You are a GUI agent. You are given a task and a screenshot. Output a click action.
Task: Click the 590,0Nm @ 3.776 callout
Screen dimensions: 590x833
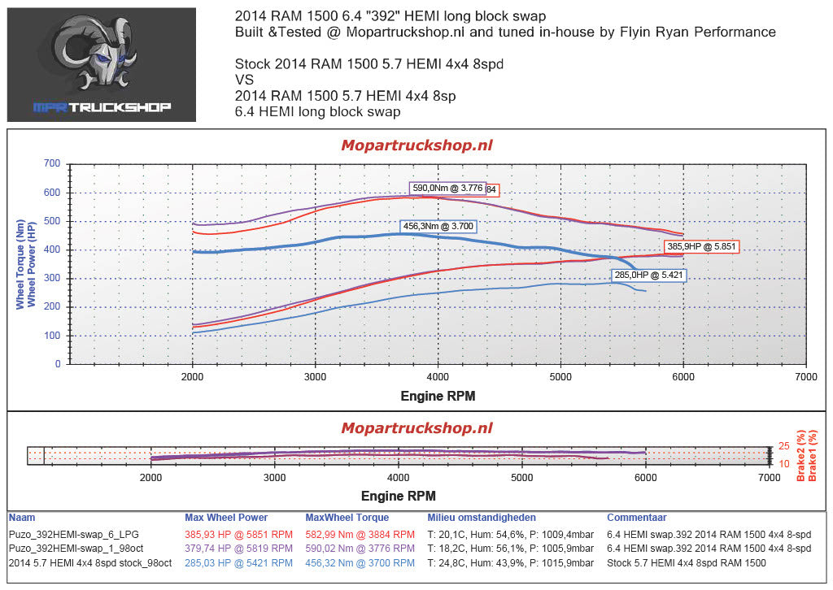448,188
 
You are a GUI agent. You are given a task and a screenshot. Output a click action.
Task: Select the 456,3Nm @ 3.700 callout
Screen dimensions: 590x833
437,226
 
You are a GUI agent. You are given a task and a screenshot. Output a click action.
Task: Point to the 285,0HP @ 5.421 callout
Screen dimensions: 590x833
648,275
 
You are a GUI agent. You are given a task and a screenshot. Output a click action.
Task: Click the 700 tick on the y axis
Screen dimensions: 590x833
52,164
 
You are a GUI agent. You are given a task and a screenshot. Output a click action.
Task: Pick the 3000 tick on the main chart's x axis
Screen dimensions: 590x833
315,377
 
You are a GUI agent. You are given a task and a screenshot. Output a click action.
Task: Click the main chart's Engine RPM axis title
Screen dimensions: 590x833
438,397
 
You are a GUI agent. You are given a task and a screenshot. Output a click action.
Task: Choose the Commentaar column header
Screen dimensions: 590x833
637,518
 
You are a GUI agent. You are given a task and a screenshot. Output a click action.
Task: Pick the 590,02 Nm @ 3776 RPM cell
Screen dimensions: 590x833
360,549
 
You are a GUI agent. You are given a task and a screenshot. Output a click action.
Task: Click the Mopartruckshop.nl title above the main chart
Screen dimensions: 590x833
416,145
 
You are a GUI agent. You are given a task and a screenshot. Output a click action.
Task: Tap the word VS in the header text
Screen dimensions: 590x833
244,80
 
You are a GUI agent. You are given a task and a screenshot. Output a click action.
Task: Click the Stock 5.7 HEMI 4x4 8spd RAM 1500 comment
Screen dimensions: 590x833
687,562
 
